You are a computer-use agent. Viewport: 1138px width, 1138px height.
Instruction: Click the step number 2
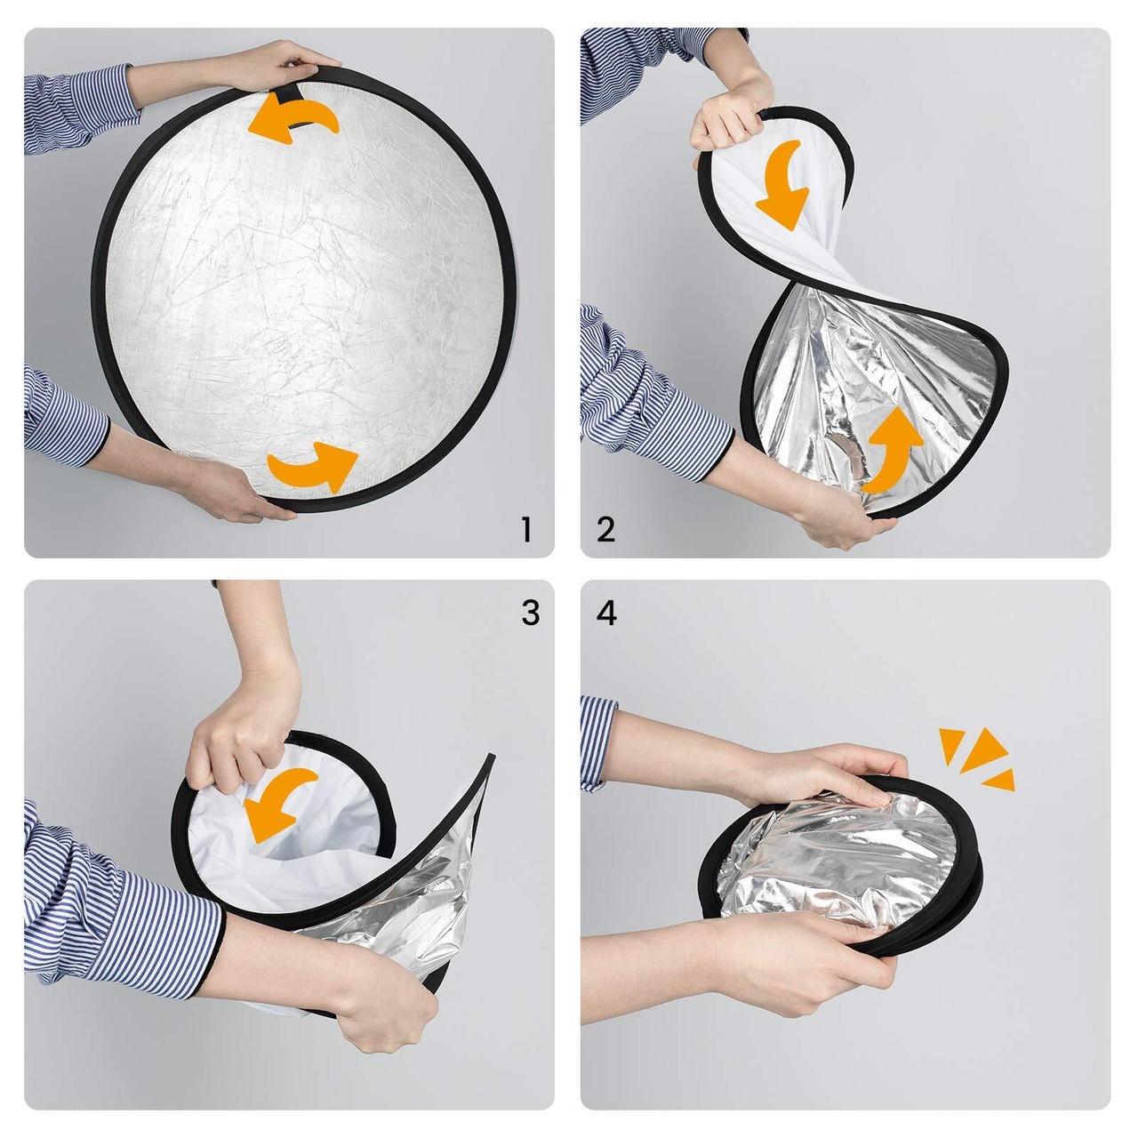606,530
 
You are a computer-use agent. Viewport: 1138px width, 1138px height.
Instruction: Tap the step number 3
530,613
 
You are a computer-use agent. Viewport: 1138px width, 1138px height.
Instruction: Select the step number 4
606,613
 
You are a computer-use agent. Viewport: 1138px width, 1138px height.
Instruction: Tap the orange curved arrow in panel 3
277,803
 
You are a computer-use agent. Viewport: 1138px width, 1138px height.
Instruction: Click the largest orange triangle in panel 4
982,750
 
